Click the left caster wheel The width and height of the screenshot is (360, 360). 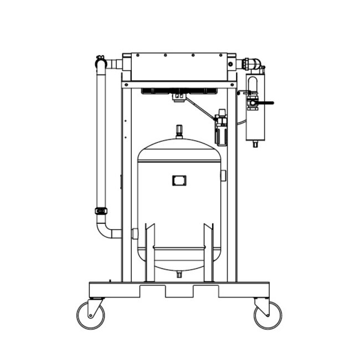tap(90, 316)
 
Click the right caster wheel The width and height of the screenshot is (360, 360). tap(268, 316)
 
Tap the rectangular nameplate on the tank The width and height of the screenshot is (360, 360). tap(179, 181)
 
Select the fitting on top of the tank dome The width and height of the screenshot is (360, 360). tap(179, 132)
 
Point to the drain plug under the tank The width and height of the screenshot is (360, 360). tap(179, 274)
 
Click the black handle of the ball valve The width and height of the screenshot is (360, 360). tap(266, 102)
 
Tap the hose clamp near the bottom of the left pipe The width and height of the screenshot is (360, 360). tap(101, 210)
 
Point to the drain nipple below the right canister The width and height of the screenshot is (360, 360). tap(255, 144)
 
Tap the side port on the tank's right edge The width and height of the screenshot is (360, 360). tap(223, 176)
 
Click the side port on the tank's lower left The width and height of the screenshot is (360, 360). tap(135, 234)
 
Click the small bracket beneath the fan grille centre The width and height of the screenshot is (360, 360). tap(178, 98)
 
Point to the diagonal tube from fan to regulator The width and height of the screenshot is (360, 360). tap(199, 108)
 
